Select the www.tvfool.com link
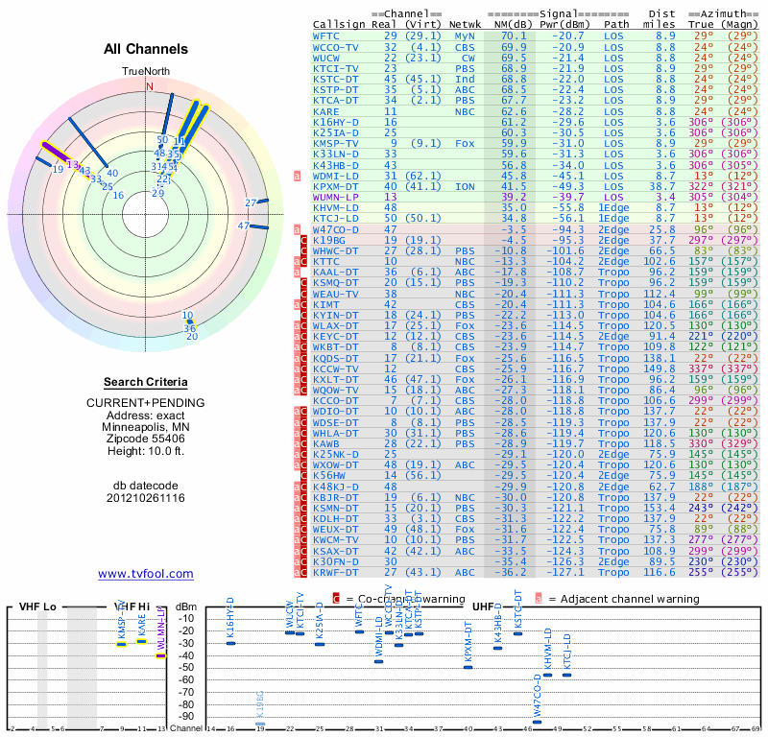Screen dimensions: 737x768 [x=145, y=574]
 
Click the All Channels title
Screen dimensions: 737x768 [x=146, y=49]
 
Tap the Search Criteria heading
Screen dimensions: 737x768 [x=145, y=382]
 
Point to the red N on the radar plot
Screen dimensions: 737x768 [x=149, y=86]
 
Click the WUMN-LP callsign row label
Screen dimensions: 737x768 [x=335, y=197]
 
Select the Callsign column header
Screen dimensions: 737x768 [x=339, y=24]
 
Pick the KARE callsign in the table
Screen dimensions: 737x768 [x=325, y=111]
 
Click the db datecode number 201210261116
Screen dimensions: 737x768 [x=145, y=498]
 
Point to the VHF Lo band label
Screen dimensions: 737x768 [x=37, y=606]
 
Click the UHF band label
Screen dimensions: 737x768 [x=485, y=606]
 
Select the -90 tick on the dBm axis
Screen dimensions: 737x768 [x=187, y=717]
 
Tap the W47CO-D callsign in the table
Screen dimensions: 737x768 [x=335, y=229]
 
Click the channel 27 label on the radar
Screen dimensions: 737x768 [x=251, y=202]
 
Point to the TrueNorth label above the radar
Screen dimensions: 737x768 [x=145, y=72]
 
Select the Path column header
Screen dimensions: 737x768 [x=617, y=24]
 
